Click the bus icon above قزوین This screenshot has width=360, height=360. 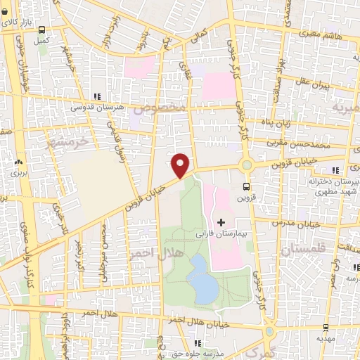pos(246,186)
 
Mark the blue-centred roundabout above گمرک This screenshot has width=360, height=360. pos(269,332)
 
